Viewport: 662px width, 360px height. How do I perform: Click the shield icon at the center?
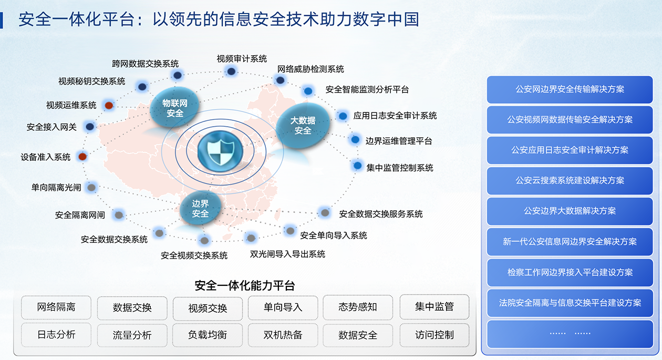click(x=220, y=151)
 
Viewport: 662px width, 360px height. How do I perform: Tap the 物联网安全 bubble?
click(x=174, y=108)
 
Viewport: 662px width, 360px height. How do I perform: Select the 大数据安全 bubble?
click(x=303, y=125)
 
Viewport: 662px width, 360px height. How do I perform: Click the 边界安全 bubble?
click(x=200, y=209)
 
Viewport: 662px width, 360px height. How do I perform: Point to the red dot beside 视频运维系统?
click(x=109, y=105)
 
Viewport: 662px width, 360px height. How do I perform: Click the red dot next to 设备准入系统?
click(x=82, y=157)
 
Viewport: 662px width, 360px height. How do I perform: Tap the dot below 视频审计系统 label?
click(x=231, y=71)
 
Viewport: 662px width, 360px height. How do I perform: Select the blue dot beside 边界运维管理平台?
click(x=355, y=139)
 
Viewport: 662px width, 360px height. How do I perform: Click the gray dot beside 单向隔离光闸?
click(x=91, y=188)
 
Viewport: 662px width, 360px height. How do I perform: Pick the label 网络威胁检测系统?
click(x=311, y=69)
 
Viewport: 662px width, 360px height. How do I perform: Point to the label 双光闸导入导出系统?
click(x=287, y=254)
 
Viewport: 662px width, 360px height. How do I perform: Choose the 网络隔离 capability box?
click(x=56, y=307)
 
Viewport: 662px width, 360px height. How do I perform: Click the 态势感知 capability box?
click(x=358, y=307)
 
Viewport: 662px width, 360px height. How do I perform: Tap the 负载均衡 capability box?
click(x=208, y=335)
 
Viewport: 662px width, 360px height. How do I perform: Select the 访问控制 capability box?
click(x=435, y=335)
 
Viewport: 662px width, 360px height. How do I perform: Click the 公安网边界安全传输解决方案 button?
click(x=570, y=89)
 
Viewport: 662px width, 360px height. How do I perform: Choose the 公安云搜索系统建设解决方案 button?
click(x=570, y=181)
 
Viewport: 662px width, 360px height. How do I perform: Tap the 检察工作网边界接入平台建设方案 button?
click(x=570, y=272)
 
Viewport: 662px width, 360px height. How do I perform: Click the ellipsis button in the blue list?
click(x=570, y=334)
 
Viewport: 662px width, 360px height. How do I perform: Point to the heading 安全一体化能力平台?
click(x=245, y=286)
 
